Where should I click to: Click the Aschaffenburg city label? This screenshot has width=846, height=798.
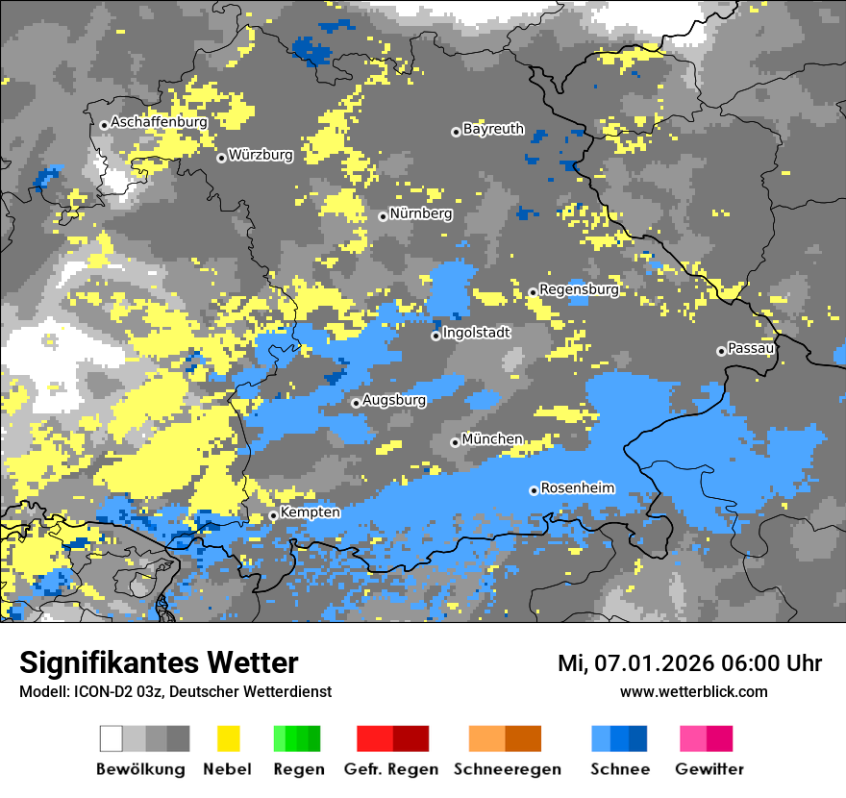(159, 123)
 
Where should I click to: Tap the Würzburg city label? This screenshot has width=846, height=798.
(261, 156)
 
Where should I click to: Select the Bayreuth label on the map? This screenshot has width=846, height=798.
(493, 129)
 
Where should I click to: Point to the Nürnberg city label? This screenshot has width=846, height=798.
(421, 214)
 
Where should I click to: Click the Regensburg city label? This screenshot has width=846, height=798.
(579, 289)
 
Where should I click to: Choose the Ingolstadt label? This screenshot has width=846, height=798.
(477, 334)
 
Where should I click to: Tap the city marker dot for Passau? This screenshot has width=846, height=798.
(721, 351)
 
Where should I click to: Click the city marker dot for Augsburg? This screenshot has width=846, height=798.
(356, 403)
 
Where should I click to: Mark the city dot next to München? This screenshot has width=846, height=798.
(455, 442)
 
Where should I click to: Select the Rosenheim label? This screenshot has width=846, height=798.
(577, 488)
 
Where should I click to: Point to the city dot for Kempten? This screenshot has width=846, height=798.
(273, 515)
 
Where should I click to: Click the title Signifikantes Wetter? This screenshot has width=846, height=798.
(159, 663)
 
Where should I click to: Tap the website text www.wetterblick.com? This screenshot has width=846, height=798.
(693, 692)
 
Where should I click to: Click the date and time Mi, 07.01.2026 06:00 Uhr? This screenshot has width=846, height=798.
(689, 663)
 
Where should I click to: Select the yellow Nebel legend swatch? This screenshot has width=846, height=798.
(228, 738)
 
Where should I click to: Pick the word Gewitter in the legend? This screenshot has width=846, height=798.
(709, 769)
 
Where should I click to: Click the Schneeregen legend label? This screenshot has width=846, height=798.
(507, 769)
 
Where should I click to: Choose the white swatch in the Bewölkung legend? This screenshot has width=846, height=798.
(112, 738)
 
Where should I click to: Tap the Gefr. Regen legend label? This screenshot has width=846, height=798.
(390, 769)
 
